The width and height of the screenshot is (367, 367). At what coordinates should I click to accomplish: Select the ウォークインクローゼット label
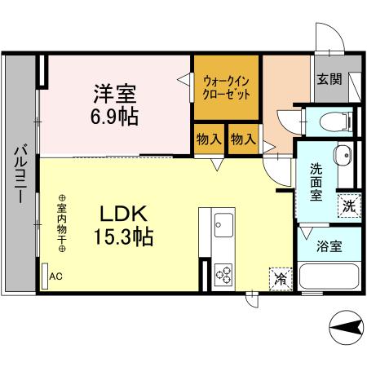click(x=226, y=87)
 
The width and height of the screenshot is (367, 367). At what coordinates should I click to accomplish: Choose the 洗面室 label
click(x=317, y=182)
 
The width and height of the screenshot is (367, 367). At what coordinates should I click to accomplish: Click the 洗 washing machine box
click(x=348, y=206)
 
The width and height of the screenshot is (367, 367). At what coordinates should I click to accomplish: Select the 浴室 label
click(x=329, y=243)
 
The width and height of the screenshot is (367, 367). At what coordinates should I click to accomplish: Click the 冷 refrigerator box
click(x=280, y=277)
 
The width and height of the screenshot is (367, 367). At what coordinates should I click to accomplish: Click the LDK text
click(x=123, y=214)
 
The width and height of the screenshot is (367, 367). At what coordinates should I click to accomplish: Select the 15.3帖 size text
click(x=123, y=239)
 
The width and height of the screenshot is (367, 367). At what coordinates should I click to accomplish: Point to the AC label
click(x=55, y=276)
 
